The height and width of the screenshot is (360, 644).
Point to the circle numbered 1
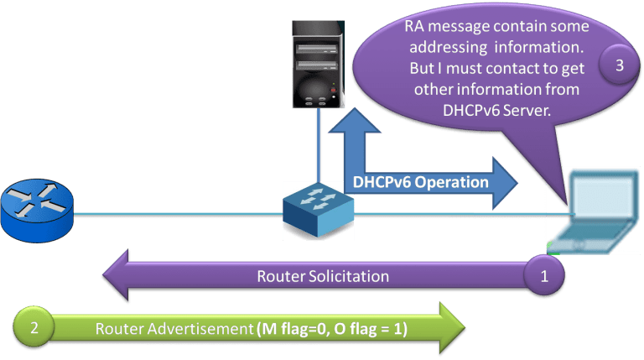coord(543,275)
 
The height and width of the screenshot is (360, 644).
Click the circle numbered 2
coord(34,329)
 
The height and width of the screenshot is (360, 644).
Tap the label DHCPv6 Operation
coord(417,181)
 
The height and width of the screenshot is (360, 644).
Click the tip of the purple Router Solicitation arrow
coord(103,276)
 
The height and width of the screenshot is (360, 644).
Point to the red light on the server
coord(333,88)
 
